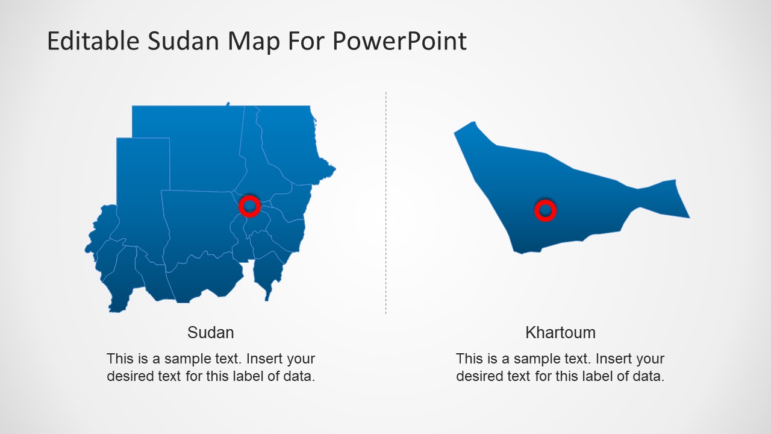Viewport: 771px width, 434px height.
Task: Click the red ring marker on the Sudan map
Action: click(249, 206)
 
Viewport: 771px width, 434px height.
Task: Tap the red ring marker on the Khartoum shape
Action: click(545, 210)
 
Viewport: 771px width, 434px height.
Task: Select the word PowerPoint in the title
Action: click(399, 42)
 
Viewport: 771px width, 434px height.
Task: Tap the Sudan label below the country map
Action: click(211, 332)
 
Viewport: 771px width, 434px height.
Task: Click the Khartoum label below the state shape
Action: click(560, 332)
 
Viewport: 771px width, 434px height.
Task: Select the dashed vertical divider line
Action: click(385, 202)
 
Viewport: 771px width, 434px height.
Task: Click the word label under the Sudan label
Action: click(261, 377)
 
